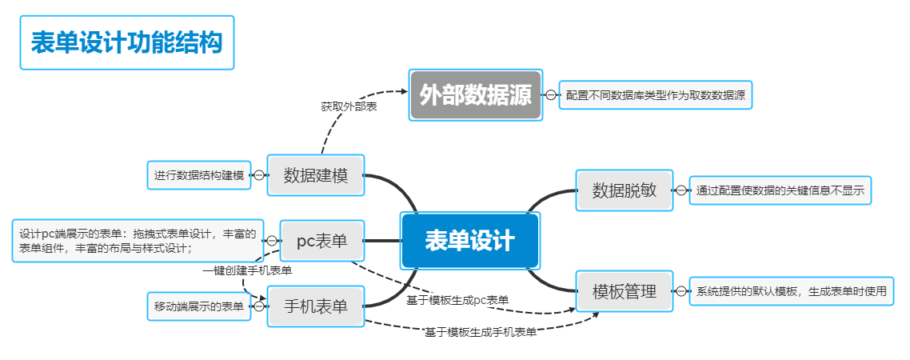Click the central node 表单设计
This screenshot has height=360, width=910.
pos(469,241)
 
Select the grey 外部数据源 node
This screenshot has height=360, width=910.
pos(476,95)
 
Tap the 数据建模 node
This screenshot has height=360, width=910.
pos(316,175)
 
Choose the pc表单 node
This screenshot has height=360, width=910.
pos(321,240)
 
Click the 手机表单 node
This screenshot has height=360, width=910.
pos(316,306)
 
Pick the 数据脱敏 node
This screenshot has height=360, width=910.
pos(625,190)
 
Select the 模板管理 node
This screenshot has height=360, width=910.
pos(625,291)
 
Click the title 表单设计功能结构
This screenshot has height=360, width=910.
pos(126,42)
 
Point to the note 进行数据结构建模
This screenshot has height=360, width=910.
pos(199,175)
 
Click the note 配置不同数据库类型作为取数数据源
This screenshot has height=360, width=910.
pos(656,95)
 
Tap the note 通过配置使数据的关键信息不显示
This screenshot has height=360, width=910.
pos(780,190)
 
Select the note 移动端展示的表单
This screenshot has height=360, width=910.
pos(199,306)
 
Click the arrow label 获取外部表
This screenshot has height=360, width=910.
pos(349,106)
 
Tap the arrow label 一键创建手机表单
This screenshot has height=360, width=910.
pos(246,270)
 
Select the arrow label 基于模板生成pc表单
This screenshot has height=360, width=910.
pos(457,300)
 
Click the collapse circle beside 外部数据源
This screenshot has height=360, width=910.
pos(551,95)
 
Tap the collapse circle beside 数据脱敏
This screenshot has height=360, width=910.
pos(681,190)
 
